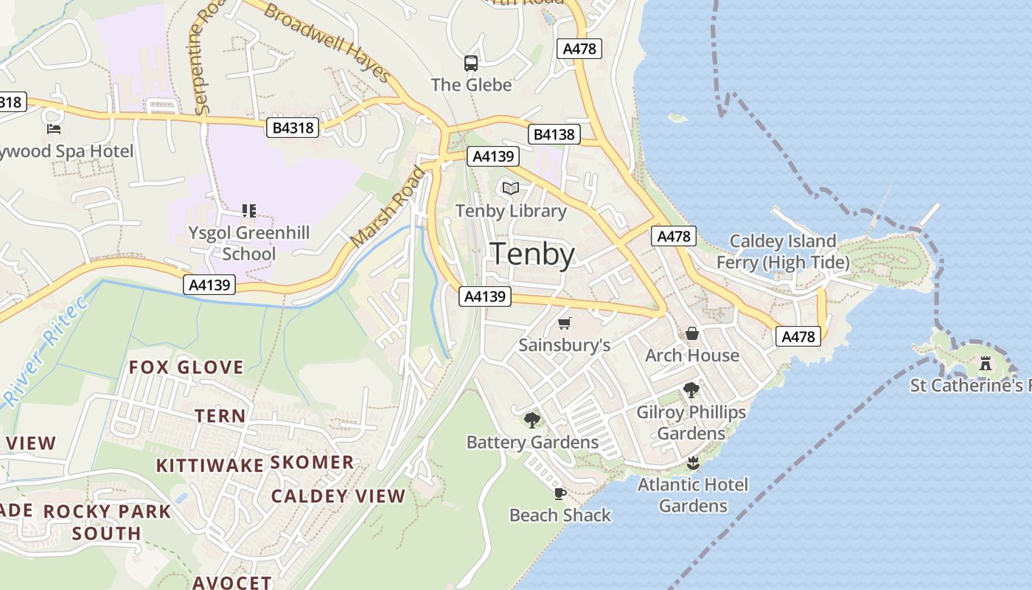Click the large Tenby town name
[532, 254]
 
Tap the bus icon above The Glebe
[471, 63]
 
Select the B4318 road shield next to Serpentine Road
[293, 128]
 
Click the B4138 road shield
[554, 134]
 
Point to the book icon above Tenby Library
[511, 188]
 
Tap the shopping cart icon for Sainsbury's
[565, 323]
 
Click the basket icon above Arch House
[692, 333]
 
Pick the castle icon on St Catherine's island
[986, 363]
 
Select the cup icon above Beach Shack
[560, 493]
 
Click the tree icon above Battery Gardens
[532, 420]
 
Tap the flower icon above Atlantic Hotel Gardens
[692, 463]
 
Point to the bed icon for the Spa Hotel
[54, 129]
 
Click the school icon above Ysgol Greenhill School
[249, 211]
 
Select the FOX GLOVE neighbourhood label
[186, 367]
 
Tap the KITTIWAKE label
[209, 465]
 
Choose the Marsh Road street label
[388, 208]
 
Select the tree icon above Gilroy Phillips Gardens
[691, 390]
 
